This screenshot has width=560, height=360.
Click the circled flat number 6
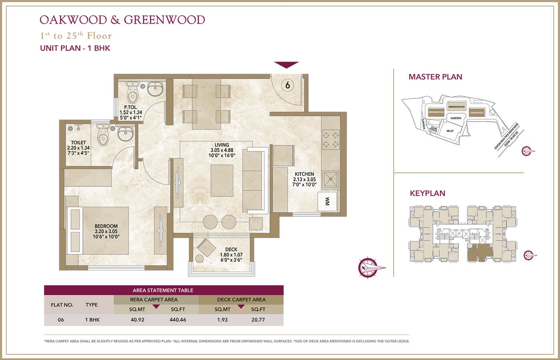click(x=287, y=85)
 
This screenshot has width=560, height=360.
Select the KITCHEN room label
click(x=304, y=174)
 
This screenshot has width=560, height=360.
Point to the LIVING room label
click(x=222, y=145)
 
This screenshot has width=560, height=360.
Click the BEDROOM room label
click(x=106, y=226)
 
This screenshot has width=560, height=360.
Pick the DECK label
click(x=231, y=249)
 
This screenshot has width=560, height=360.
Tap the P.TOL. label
click(x=131, y=107)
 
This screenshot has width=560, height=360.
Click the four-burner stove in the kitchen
click(x=331, y=139)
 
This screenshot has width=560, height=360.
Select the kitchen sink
click(x=331, y=179)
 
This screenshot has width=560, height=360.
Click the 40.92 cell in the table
click(x=137, y=320)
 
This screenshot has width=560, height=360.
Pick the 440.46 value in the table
click(x=178, y=320)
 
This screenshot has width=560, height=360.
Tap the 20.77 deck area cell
click(x=258, y=320)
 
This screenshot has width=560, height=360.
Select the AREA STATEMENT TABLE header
click(x=163, y=290)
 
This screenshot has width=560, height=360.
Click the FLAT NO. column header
click(x=62, y=305)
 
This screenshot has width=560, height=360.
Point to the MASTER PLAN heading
click(x=435, y=77)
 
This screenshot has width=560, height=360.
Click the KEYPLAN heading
click(x=427, y=193)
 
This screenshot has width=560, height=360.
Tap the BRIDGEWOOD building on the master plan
click(x=456, y=107)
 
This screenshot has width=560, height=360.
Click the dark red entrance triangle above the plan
click(x=286, y=65)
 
